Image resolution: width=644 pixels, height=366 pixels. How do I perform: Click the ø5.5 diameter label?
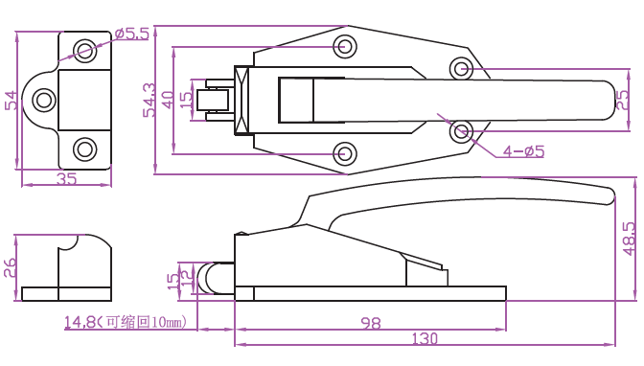tap(132, 34)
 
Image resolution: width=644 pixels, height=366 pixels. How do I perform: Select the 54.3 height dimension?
tap(149, 100)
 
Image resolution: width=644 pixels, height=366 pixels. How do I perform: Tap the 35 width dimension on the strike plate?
tap(66, 178)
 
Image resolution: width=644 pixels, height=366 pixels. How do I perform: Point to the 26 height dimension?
tap(10, 267)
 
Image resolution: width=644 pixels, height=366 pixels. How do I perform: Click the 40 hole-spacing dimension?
tap(168, 100)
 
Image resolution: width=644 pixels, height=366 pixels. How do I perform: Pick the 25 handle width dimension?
tap(622, 100)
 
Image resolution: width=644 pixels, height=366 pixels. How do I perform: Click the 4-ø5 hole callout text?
tap(523, 151)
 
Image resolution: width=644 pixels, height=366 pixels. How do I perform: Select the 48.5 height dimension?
tap(630, 239)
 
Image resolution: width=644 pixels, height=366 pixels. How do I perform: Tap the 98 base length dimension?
tap(371, 323)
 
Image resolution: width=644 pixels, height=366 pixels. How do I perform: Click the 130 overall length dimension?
tap(425, 339)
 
